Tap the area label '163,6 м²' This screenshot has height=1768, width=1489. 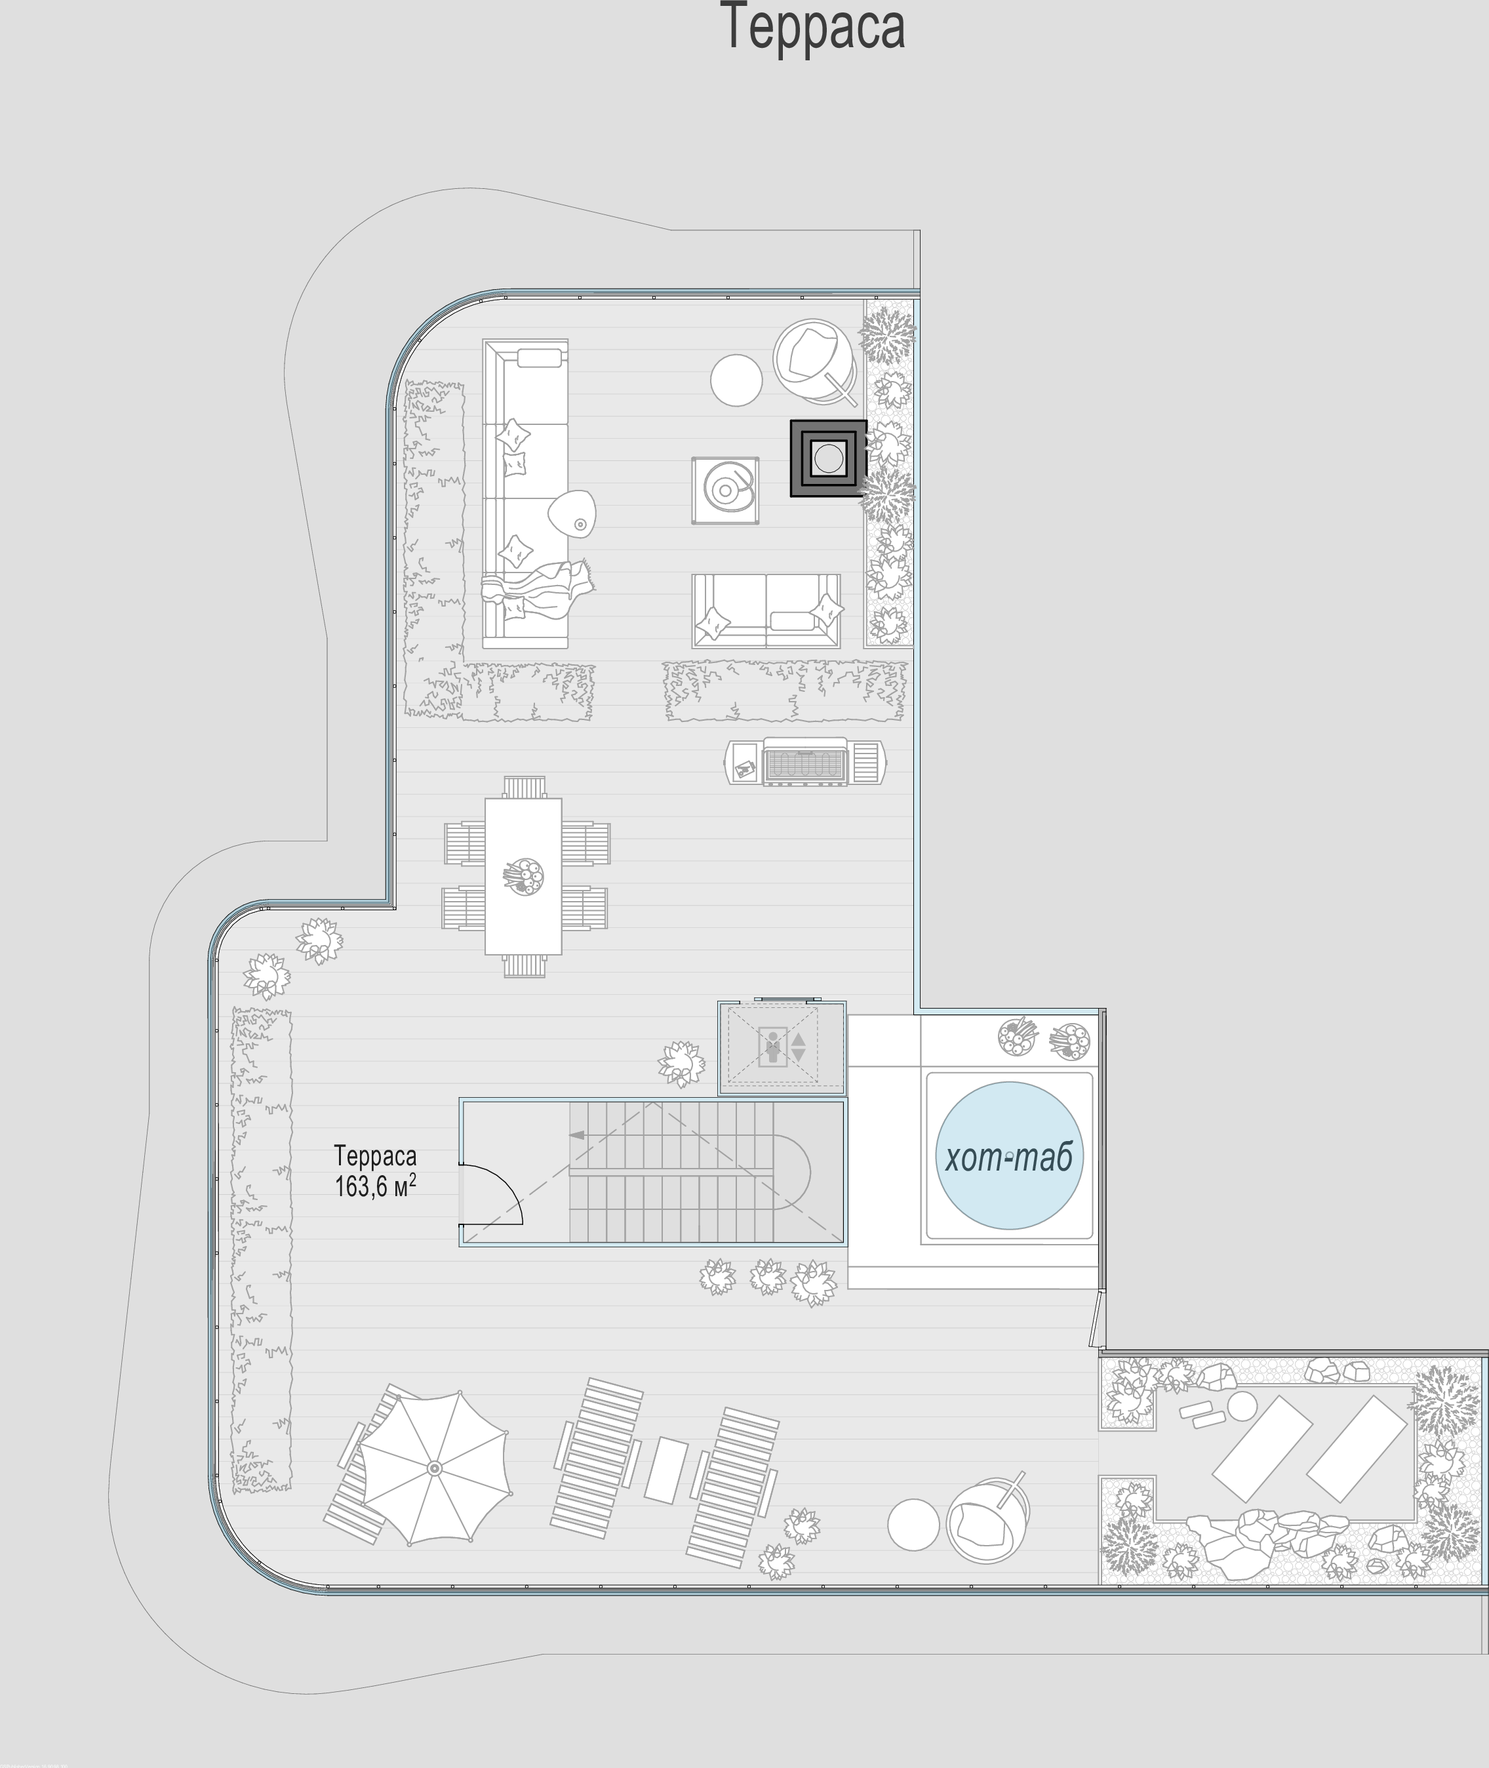pos(376,1186)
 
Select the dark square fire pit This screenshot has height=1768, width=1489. pos(828,458)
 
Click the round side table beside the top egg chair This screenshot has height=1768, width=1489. pos(736,380)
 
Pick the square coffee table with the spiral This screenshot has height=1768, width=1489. pos(725,491)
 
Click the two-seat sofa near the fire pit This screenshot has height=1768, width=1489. pos(766,611)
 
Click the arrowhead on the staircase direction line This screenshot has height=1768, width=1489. pos(578,1136)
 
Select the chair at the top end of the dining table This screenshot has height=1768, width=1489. pos(524,787)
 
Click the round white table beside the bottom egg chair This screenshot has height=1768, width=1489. pos(913,1524)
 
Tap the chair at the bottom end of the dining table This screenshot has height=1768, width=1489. pos(524,966)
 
